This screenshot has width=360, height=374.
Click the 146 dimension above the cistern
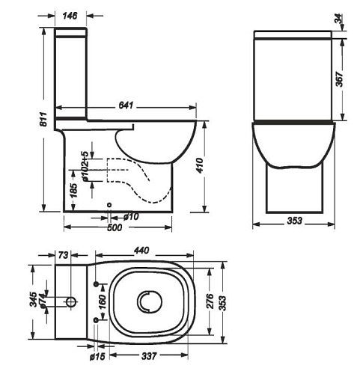pos(70,16)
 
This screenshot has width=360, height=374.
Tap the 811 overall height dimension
pos(43,120)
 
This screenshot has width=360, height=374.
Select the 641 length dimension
pos(126,105)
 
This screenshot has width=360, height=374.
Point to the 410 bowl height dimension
pos(200,166)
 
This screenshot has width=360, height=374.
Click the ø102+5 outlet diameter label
pos(85,166)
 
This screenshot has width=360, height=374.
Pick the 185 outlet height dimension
pos(73,191)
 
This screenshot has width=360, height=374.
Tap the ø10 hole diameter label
pos(131,217)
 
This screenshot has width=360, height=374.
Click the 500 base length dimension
pos(115,227)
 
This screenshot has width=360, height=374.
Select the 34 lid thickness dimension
pos(338,19)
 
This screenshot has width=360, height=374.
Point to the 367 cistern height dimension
pos(339,79)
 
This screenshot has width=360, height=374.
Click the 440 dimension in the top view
pos(141,251)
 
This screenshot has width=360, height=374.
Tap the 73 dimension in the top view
pos(63,255)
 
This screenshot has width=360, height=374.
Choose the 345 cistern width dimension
pos(34,299)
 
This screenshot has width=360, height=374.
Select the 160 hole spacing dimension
pos(103,302)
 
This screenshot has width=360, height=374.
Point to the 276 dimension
pos(210,301)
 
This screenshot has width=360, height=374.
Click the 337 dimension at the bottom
pos(149,356)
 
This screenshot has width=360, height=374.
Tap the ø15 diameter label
pos(97,357)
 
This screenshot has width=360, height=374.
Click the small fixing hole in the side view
pos(109,205)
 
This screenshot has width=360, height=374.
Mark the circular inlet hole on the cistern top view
pos(72,301)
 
